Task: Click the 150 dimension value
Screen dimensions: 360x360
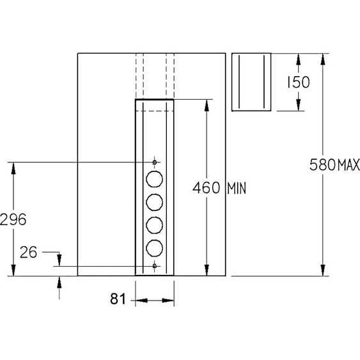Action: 298,82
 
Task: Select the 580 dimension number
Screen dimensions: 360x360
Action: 322,164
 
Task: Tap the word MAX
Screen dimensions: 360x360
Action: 348,164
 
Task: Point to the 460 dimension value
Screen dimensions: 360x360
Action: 206,188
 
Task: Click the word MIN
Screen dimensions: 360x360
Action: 237,189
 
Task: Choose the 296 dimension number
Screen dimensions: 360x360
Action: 13,219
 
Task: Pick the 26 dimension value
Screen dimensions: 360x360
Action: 28,253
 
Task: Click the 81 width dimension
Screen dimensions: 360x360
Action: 118,299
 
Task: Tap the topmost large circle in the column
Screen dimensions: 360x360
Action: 155,179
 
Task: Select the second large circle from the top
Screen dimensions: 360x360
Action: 155,202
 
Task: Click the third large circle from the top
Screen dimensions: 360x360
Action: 155,225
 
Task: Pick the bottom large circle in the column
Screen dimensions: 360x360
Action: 155,248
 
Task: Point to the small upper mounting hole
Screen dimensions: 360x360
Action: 155,162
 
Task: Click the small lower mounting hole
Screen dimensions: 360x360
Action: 155,266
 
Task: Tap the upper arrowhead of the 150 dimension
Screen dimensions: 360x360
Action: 298,59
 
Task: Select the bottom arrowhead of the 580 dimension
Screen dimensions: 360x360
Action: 323,270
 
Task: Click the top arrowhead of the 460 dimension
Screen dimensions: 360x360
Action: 207,106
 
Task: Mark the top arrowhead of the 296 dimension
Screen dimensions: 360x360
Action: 13,168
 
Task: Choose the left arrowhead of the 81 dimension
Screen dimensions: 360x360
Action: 141,301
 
